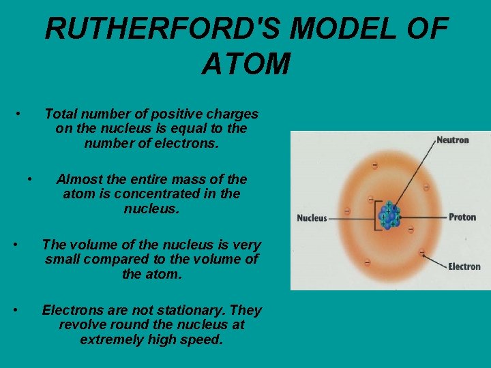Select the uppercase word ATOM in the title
(246, 65)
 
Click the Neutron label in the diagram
(453, 140)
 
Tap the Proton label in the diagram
(462, 217)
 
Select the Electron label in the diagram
(464, 266)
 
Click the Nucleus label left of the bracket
(312, 219)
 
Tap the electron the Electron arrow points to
(422, 254)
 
